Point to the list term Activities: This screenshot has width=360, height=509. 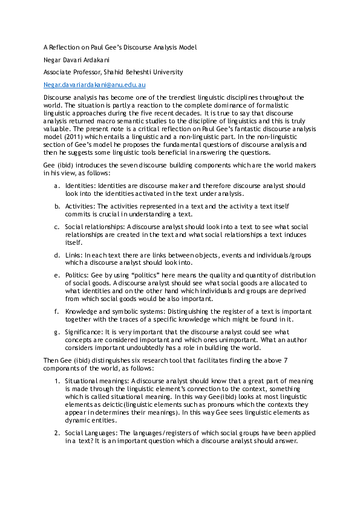[80, 206]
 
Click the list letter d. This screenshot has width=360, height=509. [56, 256]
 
